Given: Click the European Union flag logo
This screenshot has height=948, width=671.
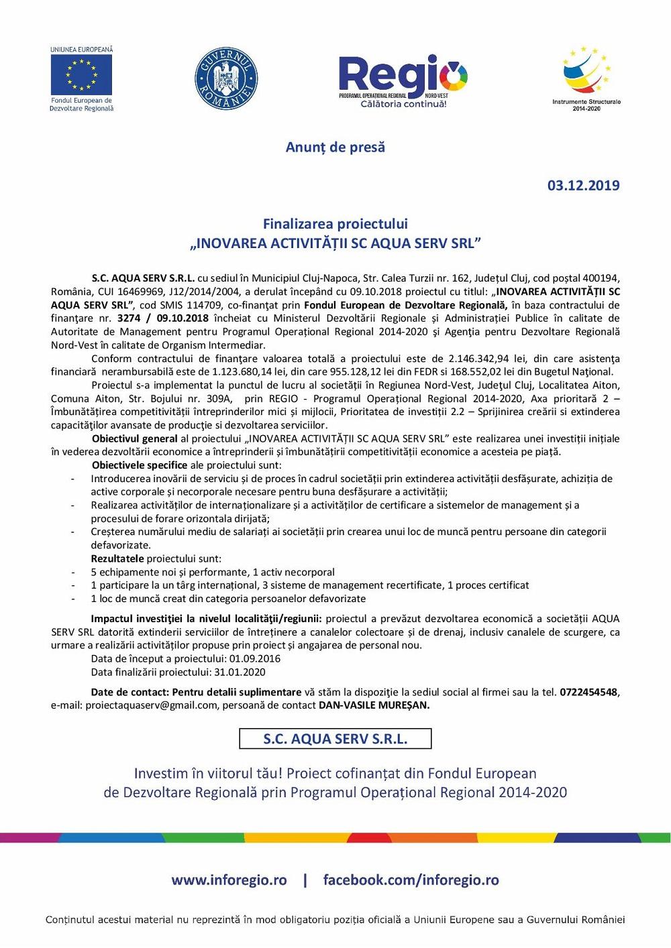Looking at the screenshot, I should coord(81,75).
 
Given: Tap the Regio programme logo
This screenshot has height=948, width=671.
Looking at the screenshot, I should coord(402,78).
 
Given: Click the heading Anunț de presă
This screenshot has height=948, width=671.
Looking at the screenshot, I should coord(335,147).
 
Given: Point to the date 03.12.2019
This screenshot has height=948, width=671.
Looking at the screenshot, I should coord(583,186).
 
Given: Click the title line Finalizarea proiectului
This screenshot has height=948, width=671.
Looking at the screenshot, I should coord(335,224).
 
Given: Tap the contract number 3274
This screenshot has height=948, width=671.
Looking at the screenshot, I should coord(128,318).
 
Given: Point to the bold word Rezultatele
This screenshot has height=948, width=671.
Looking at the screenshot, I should coord(117,558).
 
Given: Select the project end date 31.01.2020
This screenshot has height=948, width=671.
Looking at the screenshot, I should coord(240,672).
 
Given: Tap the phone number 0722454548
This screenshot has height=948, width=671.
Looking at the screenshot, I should coord(588,692).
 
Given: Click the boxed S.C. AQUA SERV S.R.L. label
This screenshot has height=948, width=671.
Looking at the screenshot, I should coord(335,739).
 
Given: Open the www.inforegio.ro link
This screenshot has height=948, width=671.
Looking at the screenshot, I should coord(229,880).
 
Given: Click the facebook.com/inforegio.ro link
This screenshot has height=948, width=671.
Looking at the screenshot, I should coord(411,880).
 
